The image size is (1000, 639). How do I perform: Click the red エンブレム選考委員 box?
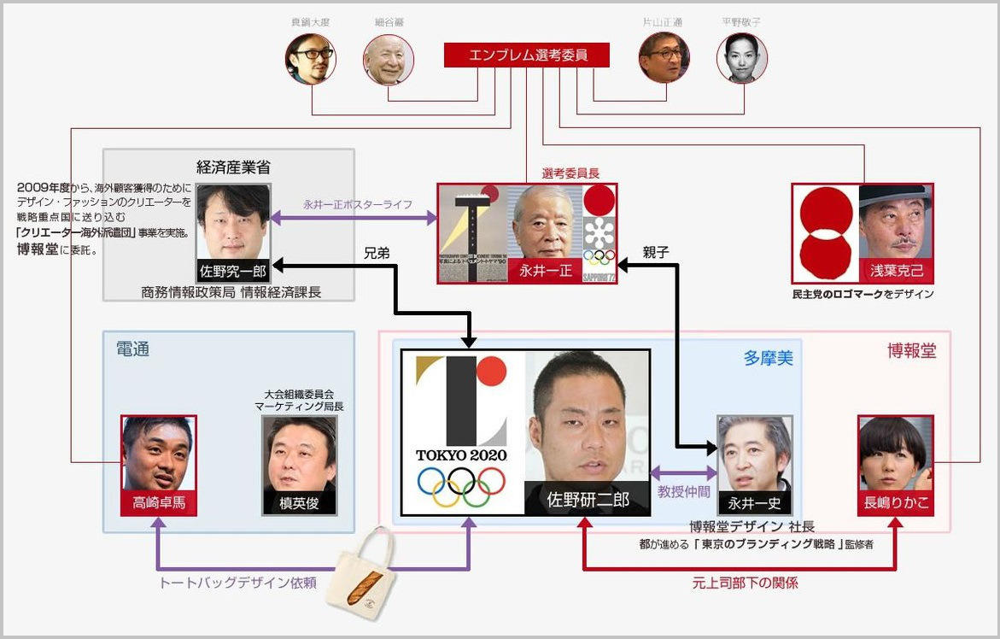527,56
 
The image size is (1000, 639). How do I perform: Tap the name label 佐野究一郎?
232,272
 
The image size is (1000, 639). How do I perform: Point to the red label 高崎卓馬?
159,503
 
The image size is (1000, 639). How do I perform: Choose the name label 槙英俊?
299,503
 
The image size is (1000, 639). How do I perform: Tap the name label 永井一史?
754,503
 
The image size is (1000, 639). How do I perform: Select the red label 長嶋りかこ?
895,503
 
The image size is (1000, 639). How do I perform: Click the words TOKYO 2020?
461,454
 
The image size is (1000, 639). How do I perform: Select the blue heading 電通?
132,349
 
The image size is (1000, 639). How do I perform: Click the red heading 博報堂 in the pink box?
911,350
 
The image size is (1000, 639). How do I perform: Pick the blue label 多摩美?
768,358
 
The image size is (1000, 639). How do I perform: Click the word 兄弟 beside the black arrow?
377,254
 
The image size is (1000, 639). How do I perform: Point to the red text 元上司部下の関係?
745,583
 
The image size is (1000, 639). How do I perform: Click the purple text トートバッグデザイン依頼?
238,583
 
